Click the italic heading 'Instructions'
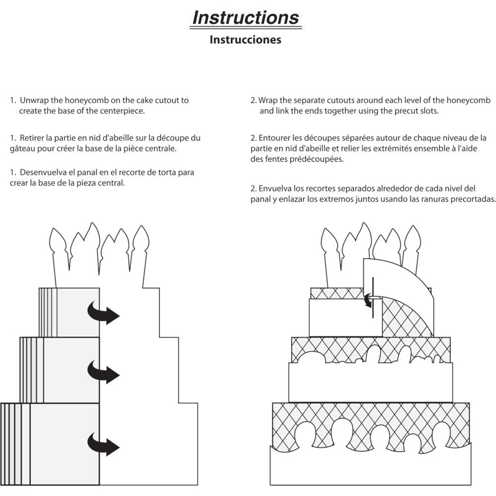pyautogui.click(x=246, y=17)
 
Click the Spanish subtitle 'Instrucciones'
pyautogui.click(x=245, y=39)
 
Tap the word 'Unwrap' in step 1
pyautogui.click(x=35, y=100)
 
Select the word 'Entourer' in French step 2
pyautogui.click(x=274, y=137)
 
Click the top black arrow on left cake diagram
pyautogui.click(x=103, y=312)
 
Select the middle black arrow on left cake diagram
pyautogui.click(x=103, y=371)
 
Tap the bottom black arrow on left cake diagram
pyautogui.click(x=103, y=443)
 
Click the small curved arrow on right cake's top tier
pyautogui.click(x=368, y=300)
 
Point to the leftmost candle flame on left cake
pyautogui.click(x=57, y=241)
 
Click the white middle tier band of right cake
pyautogui.click(x=370, y=382)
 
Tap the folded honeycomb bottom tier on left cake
pyautogui.click(x=50, y=444)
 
